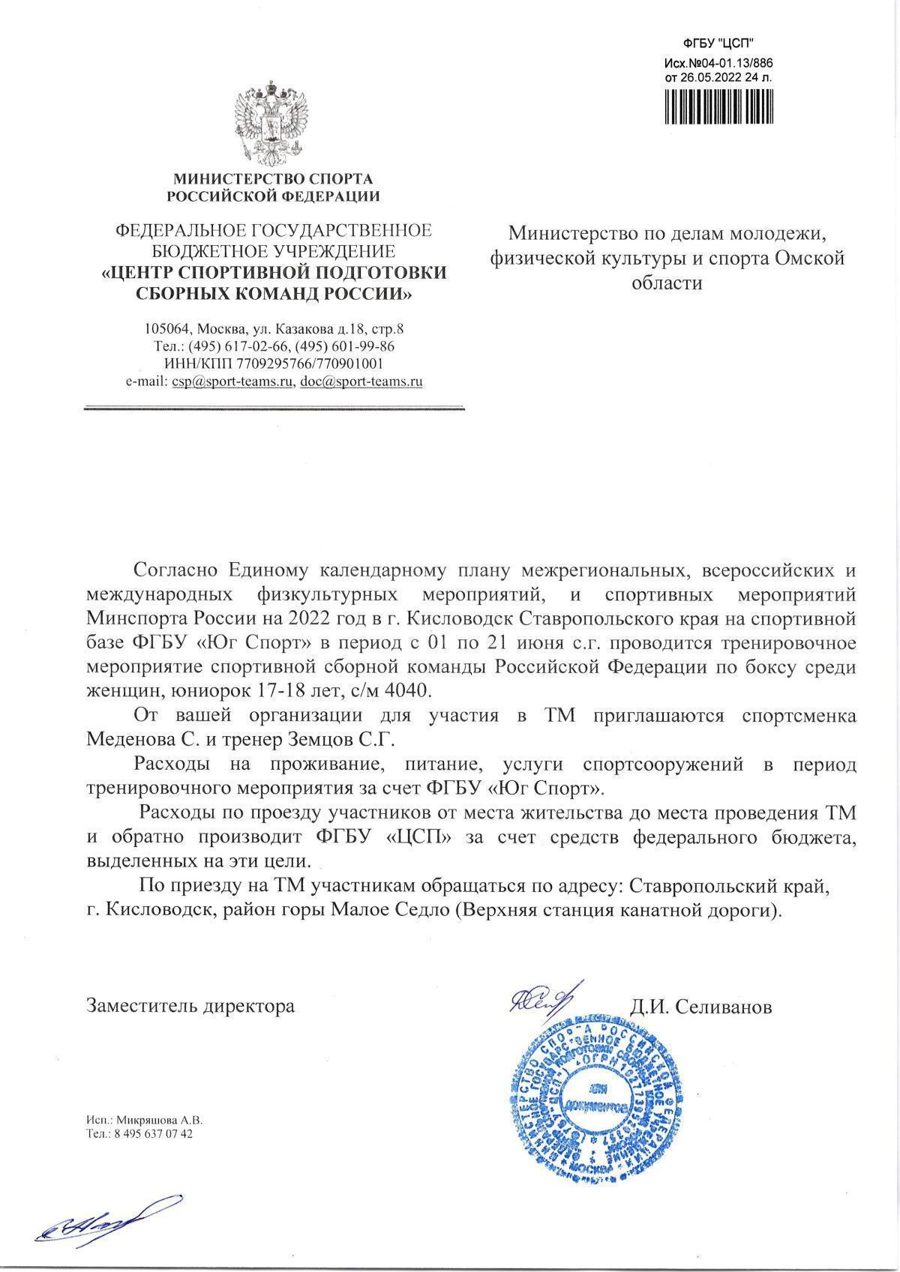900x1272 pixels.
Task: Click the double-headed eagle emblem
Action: click(272, 124)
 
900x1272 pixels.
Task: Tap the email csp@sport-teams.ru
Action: click(232, 382)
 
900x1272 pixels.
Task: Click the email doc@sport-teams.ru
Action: click(361, 382)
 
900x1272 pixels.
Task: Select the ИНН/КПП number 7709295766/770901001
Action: click(310, 364)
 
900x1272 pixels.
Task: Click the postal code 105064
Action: click(166, 329)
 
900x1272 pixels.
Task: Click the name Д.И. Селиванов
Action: click(700, 1006)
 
